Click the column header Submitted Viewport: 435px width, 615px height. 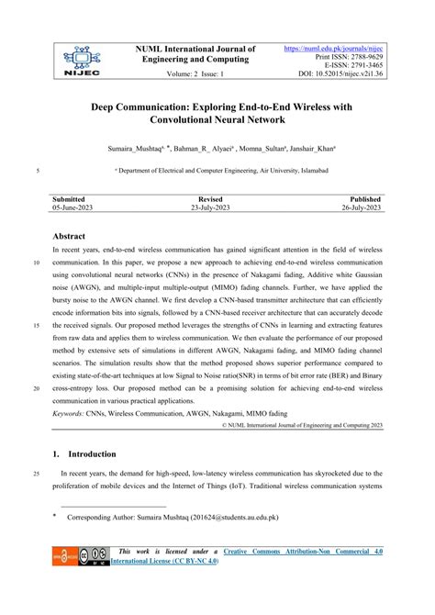click(x=70, y=198)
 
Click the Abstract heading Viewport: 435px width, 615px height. click(x=70, y=237)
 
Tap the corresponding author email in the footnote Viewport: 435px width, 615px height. click(x=229, y=517)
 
